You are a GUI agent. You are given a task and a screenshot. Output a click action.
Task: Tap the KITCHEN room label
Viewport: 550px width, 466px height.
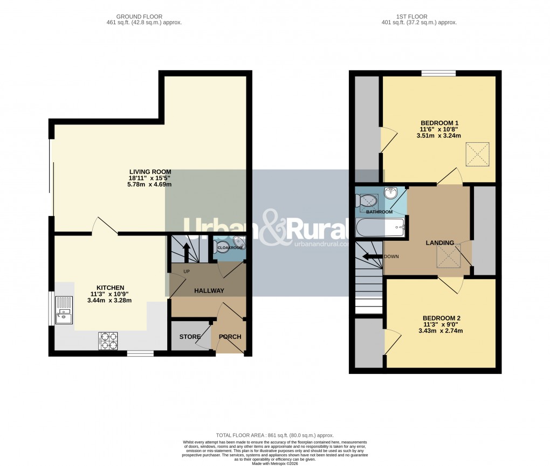111,287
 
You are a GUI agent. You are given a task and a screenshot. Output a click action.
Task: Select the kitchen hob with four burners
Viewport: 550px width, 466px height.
108,341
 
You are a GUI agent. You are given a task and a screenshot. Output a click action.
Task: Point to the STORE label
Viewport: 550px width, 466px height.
190,337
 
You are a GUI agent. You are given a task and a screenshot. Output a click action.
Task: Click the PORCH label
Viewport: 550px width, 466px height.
230,337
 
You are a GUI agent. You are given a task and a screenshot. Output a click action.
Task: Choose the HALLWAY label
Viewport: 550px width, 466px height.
209,291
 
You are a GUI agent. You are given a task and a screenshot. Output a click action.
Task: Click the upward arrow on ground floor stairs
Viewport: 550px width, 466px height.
187,251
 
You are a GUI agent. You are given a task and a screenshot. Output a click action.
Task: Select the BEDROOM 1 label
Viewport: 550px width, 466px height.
438,122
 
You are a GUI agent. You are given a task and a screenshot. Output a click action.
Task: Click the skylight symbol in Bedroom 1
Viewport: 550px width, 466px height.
478,152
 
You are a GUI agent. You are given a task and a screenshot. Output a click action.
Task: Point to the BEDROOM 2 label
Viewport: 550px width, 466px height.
441,318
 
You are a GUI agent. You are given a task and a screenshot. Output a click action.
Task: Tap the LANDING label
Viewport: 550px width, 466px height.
440,243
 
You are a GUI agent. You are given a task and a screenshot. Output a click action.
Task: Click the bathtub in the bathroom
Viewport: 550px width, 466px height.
380,228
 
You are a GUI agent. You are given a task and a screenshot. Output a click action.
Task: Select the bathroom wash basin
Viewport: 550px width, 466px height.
390,194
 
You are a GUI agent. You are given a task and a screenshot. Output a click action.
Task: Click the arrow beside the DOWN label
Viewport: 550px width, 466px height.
372,256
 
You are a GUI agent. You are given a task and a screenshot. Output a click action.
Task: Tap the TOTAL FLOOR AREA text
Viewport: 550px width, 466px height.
274,435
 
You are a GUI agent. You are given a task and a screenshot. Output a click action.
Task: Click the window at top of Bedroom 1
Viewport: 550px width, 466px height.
438,73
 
